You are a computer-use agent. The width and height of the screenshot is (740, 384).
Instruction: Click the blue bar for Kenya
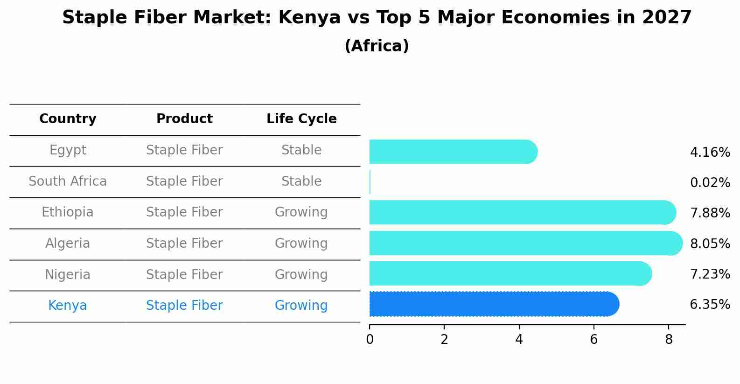pos(494,304)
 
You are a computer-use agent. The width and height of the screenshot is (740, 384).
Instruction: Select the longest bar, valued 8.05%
pos(525,243)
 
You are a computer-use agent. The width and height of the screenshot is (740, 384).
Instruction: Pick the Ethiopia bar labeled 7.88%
pos(522,212)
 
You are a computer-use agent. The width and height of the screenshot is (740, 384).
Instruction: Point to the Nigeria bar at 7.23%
pos(510,273)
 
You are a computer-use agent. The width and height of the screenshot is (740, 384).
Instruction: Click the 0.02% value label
pos(710,183)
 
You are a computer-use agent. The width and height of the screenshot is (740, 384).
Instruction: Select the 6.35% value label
pos(710,305)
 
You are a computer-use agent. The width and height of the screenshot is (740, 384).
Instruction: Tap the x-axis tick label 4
pos(519,340)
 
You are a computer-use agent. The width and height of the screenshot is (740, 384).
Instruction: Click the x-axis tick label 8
pos(669,340)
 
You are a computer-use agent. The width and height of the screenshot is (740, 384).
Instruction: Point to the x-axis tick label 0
pos(370,340)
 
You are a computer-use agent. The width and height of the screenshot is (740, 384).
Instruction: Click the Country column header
pos(68,119)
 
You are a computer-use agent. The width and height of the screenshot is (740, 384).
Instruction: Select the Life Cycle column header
pos(301,119)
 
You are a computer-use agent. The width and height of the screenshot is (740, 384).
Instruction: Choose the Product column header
pos(184,119)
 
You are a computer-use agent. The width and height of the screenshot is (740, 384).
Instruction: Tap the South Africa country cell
pos(68,182)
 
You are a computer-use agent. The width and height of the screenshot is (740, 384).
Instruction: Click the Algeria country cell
pos(68,244)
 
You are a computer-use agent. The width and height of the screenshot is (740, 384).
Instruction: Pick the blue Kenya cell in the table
pos(68,306)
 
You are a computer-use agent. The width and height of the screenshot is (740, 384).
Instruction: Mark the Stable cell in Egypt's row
pos(301,150)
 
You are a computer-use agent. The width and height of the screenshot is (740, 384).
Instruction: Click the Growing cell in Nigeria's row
pos(301,274)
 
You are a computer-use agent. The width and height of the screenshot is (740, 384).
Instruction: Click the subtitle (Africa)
pos(377,46)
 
